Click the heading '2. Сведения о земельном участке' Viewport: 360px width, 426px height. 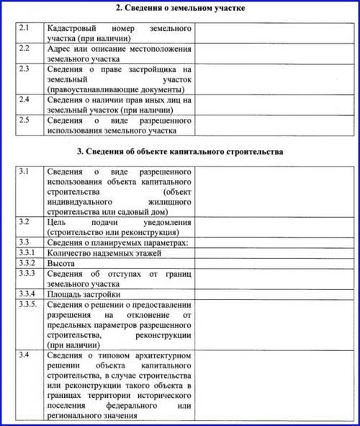pyautogui.click(x=180, y=9)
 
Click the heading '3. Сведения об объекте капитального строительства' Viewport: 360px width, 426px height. pyautogui.click(x=180, y=152)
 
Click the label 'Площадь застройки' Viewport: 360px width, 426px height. pyautogui.click(x=83, y=295)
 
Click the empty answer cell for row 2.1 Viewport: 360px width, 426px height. pyautogui.click(x=274, y=32)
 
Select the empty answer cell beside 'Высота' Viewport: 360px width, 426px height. pyautogui.click(x=274, y=264)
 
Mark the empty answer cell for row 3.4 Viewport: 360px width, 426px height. pyautogui.click(x=274, y=386)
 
